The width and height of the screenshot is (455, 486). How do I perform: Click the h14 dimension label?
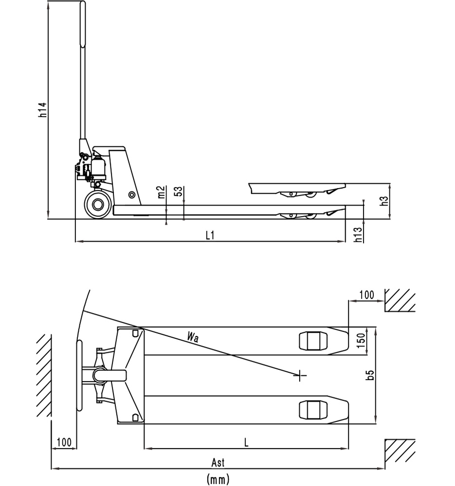[42, 110]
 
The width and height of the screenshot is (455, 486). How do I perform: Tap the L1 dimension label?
[210, 235]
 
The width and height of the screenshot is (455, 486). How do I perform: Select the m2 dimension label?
[161, 192]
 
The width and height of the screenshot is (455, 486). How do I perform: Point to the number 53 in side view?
[179, 191]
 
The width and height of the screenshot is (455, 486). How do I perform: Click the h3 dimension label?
[384, 201]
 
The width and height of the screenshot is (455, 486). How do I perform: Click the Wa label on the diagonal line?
[193, 337]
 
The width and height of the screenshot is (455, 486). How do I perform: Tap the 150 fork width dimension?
[361, 341]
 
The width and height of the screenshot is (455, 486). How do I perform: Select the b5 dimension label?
[370, 375]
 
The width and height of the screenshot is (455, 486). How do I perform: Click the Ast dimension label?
[218, 463]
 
